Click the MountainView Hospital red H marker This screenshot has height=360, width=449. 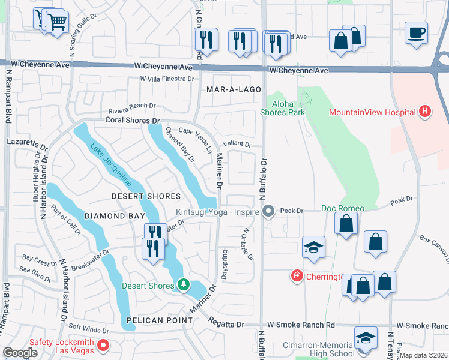click(x=425, y=111)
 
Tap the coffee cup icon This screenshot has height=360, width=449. click(x=415, y=32)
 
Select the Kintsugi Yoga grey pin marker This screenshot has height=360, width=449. click(x=268, y=211)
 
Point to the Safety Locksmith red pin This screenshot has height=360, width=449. click(x=102, y=346)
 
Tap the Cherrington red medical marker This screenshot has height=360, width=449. click(x=296, y=276)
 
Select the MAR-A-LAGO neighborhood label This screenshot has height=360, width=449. click(x=234, y=89)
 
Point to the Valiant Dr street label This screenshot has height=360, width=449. click(x=237, y=144)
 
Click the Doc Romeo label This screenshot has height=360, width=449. click(x=343, y=208)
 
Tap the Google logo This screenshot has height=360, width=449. click(x=20, y=353)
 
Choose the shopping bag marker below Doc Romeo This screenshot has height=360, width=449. click(x=346, y=223)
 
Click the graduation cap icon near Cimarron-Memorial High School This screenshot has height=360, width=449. click(x=366, y=338)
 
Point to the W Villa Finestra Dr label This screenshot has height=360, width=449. click(x=167, y=79)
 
